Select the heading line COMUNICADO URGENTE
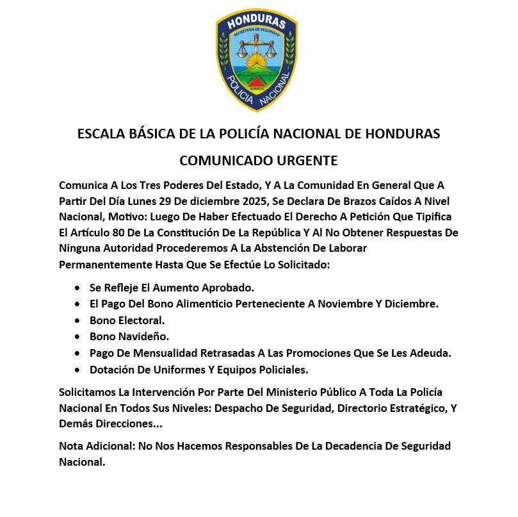(258, 159)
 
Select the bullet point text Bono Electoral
(127, 320)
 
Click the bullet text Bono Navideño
(129, 336)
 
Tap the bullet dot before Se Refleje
(77, 288)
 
